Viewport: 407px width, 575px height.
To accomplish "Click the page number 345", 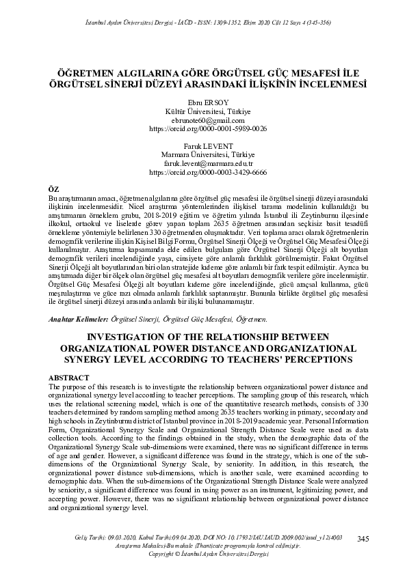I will pyautogui.click(x=363, y=539).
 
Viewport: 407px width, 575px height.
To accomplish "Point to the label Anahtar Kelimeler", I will pyautogui.click(x=80, y=319).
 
